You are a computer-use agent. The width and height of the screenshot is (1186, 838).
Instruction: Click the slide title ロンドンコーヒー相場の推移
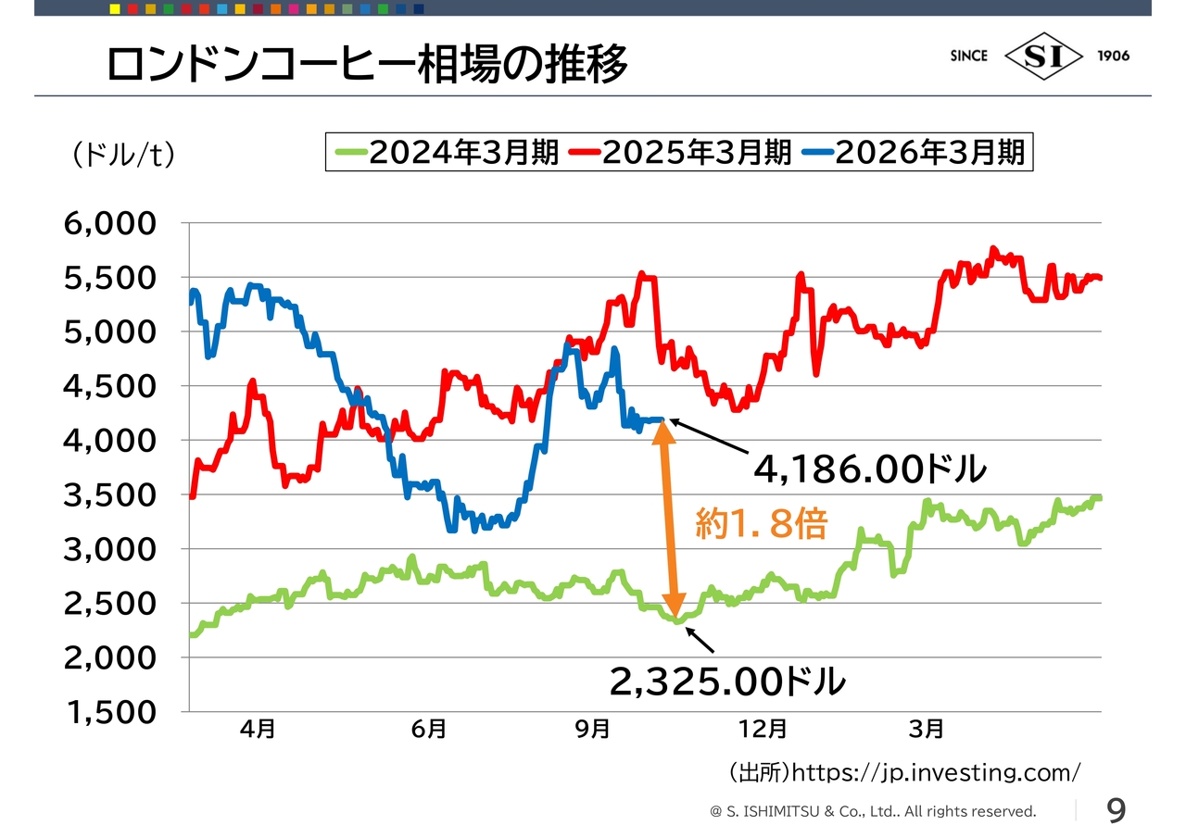click(x=368, y=65)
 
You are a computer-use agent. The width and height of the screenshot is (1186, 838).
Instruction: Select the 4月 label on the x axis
click(x=258, y=730)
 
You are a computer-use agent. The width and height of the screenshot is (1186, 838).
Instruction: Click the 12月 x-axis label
click(x=764, y=730)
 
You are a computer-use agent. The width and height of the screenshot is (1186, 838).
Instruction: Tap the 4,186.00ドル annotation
click(x=870, y=470)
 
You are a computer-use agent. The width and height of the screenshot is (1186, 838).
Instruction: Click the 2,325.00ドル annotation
click(x=727, y=682)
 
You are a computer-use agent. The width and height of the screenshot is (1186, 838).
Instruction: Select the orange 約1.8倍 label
click(x=761, y=525)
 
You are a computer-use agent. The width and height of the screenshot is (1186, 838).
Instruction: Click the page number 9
click(x=1117, y=811)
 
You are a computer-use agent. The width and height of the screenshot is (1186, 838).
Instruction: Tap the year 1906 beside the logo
click(x=1113, y=56)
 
